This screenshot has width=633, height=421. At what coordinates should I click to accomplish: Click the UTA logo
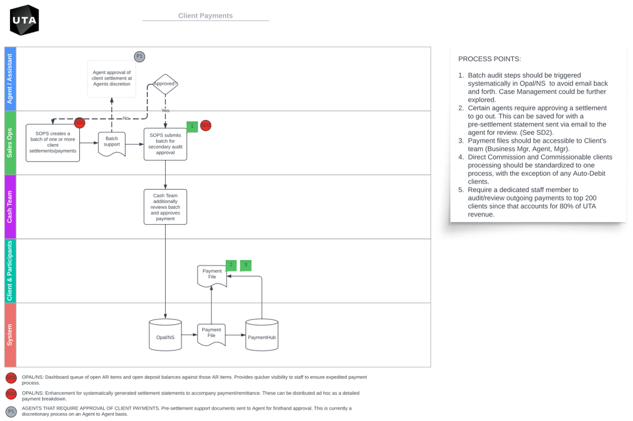pos(25,20)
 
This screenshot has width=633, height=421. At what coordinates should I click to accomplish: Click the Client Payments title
pos(205,16)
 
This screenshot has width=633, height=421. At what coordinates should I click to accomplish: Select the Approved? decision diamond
pos(165,84)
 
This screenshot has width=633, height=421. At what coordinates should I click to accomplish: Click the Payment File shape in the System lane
pos(211,334)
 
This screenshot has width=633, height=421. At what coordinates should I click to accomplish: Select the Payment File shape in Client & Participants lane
pos(212,275)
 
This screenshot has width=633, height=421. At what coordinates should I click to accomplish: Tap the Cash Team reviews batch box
pos(165,207)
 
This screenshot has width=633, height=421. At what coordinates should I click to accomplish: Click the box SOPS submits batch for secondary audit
pos(165,144)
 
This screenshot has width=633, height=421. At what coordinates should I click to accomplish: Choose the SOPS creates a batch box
pos(53,143)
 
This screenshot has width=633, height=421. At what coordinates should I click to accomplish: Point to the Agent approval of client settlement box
pos(112,79)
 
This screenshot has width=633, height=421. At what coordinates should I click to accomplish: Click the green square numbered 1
pos(192,126)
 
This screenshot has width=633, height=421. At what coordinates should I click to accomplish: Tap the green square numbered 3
pos(246,265)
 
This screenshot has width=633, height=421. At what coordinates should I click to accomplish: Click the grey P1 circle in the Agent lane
pos(139,56)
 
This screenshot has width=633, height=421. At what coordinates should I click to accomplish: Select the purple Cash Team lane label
pos(10,207)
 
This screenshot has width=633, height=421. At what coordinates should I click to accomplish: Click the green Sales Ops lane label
pos(10,143)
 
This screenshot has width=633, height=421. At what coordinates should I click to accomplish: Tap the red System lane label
pos(10,335)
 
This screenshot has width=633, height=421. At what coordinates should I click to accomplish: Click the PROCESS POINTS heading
pos(489,59)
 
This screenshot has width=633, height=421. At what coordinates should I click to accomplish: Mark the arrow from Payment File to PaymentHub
pos(236,335)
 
